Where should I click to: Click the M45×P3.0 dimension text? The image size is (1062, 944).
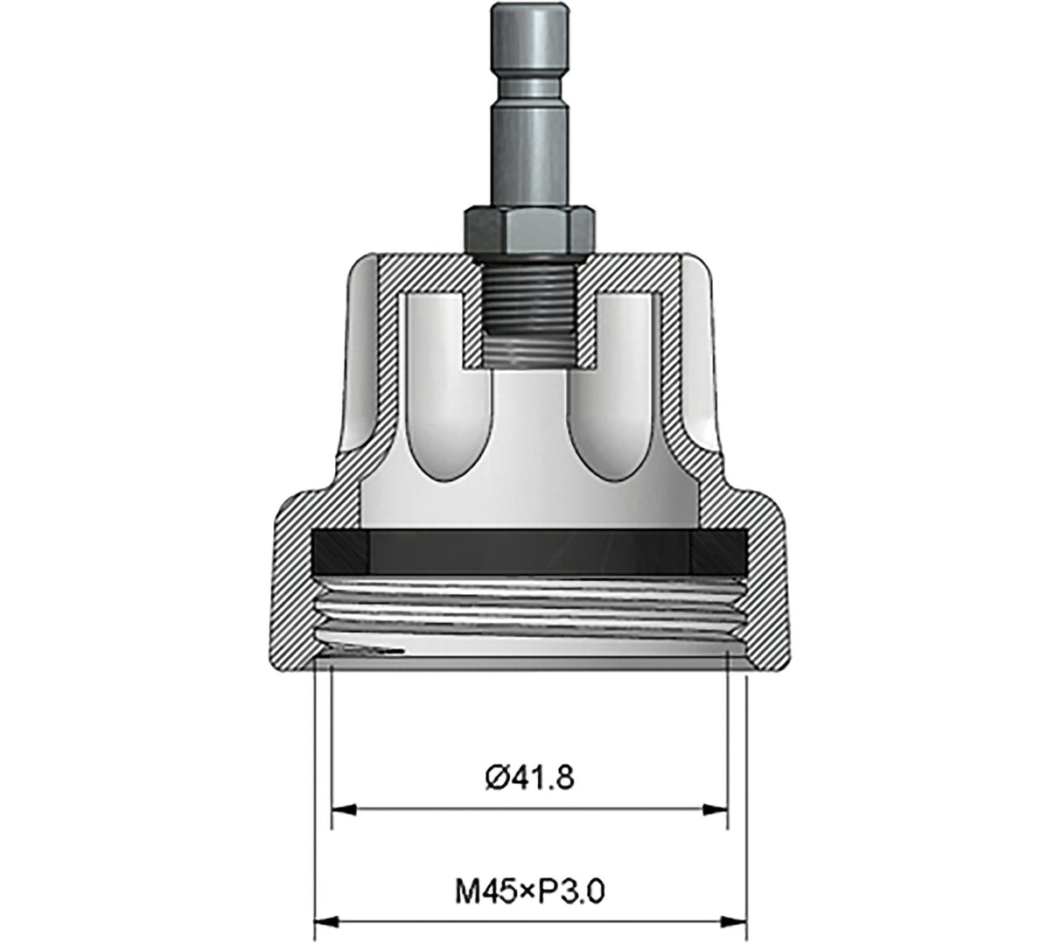tap(531, 892)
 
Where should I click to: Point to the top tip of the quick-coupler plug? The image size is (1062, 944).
tap(529, 7)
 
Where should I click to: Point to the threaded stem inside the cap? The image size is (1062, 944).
tap(529, 311)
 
